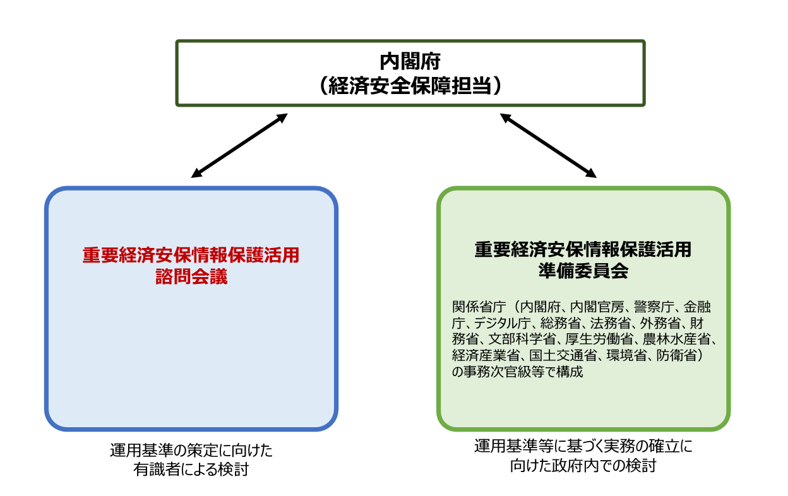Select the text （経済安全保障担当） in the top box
tap(410, 85)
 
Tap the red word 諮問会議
tap(191, 276)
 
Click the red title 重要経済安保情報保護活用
tap(191, 255)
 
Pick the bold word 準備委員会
tap(583, 270)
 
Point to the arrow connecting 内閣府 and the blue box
tap(239, 145)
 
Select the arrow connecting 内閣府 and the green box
tap(548, 145)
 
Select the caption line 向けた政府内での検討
tap(583, 467)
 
